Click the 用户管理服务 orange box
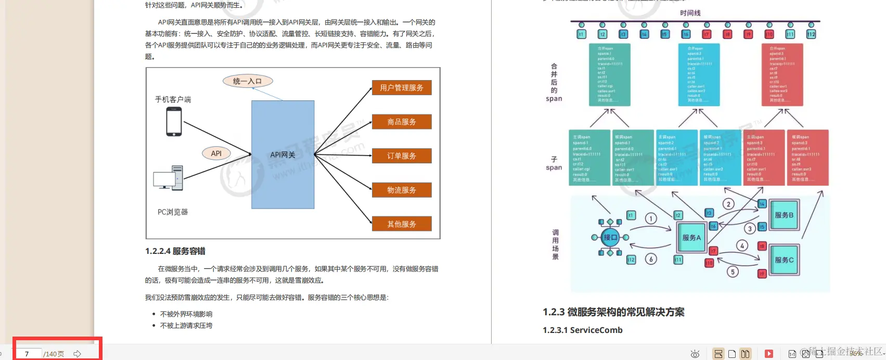tap(402, 87)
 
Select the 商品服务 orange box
tap(402, 122)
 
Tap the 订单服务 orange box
tap(402, 156)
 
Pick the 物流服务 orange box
tap(402, 190)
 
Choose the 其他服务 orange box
tap(402, 224)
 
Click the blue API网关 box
tap(283, 155)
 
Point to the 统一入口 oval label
tap(248, 81)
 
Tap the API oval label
tap(216, 153)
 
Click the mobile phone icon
tap(174, 122)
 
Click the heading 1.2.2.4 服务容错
tap(175, 251)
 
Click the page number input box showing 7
tap(29, 354)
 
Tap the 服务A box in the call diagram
tap(691, 238)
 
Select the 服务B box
tap(784, 215)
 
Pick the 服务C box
tap(784, 260)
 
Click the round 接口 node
tap(610, 237)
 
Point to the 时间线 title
tap(690, 12)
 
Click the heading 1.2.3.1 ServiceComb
tap(583, 330)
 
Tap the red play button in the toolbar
tap(768, 354)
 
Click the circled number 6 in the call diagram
tap(651, 259)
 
